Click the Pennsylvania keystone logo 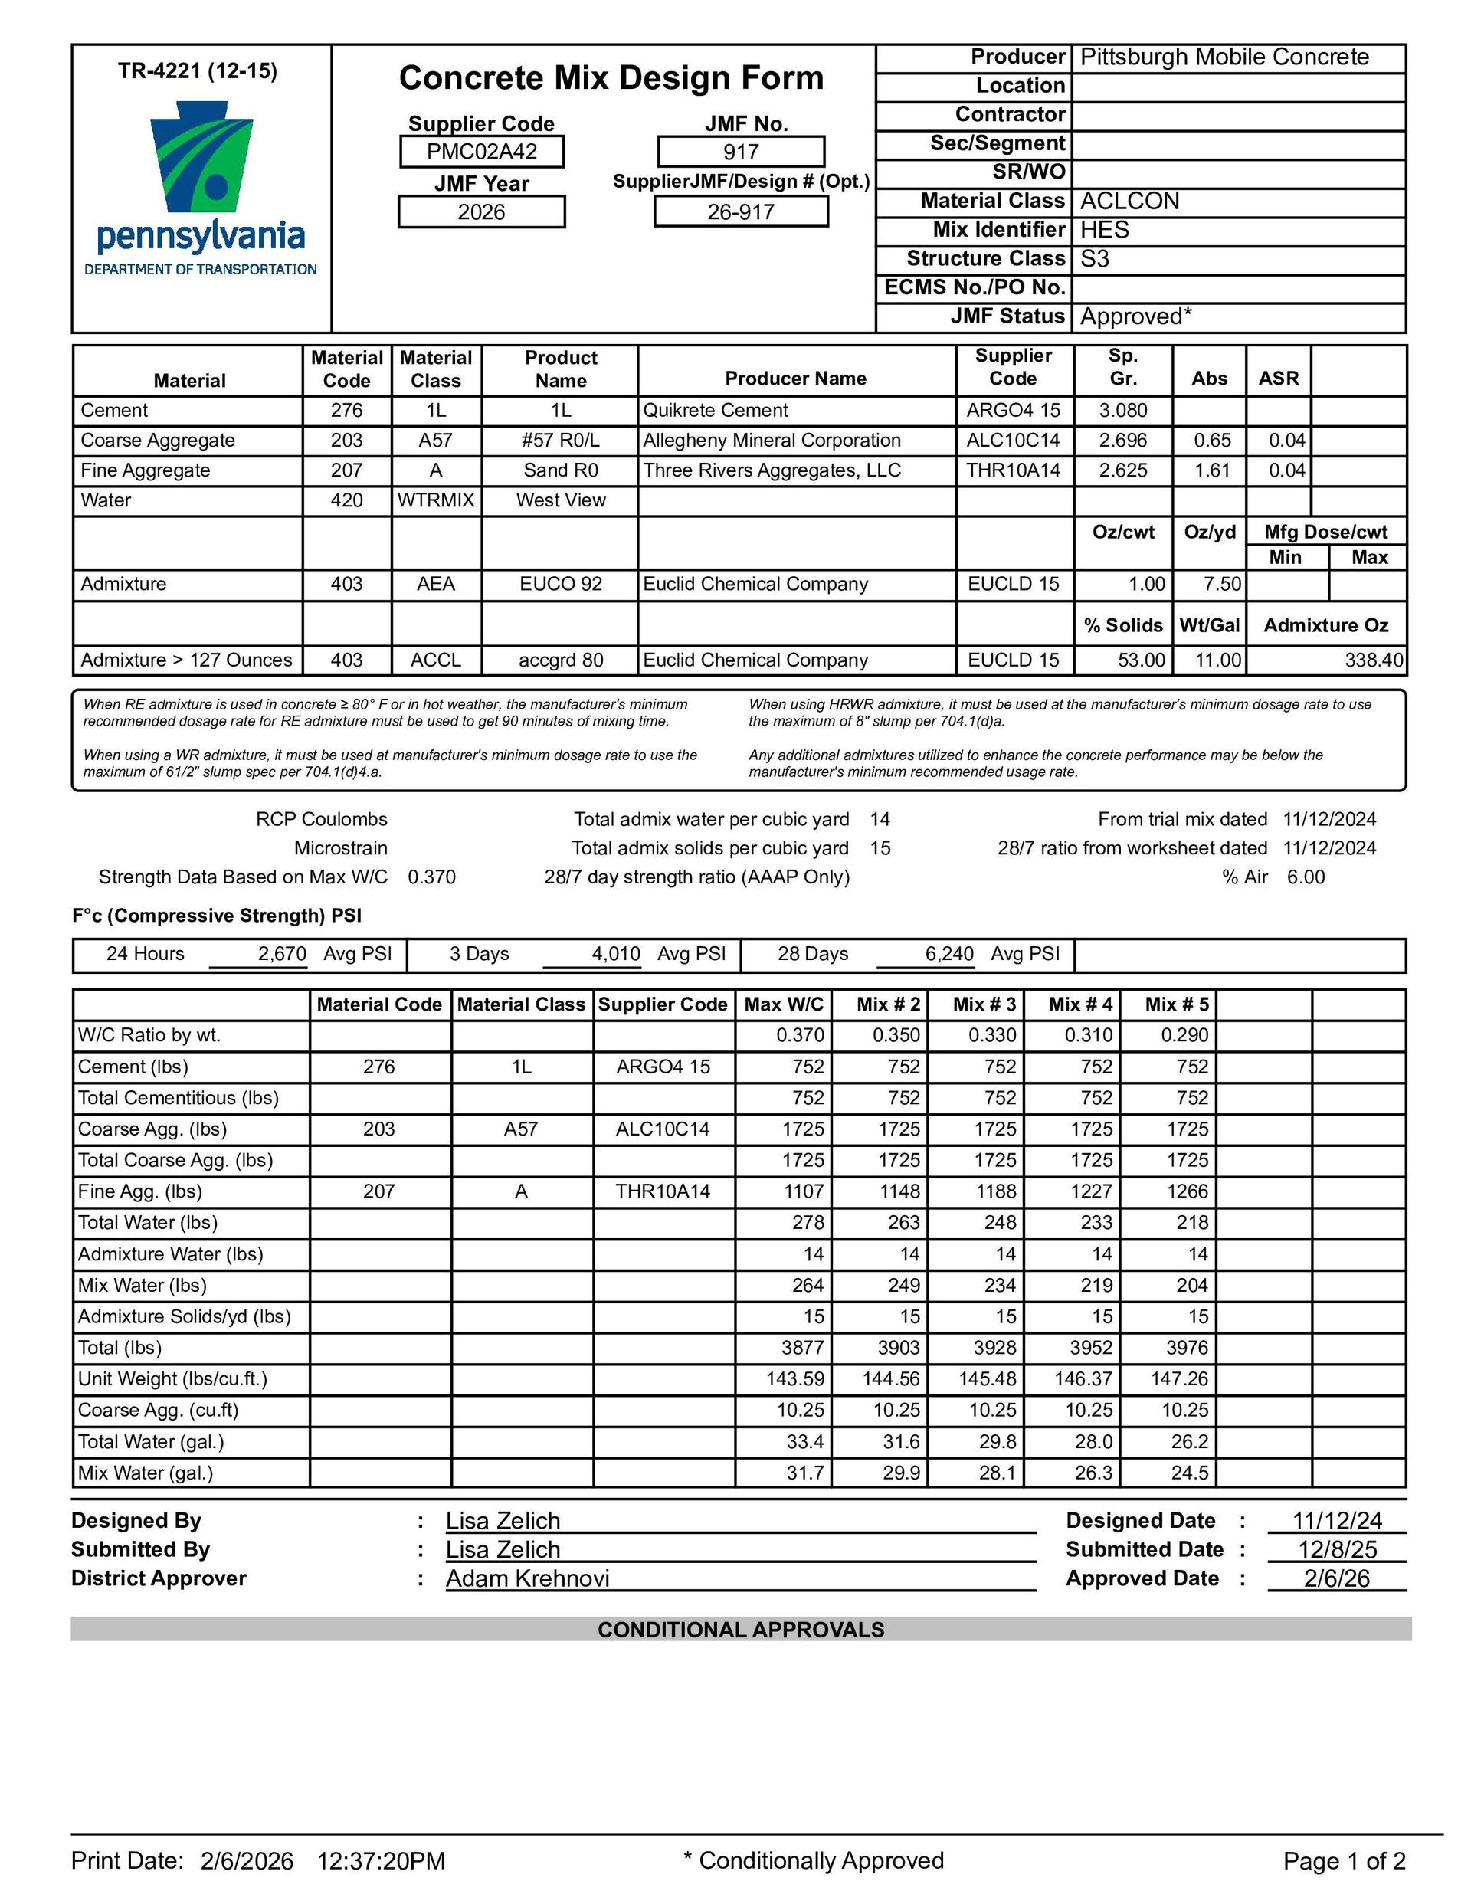point(201,158)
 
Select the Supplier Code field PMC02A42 point(481,152)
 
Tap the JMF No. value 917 point(740,152)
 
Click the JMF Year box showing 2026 point(481,211)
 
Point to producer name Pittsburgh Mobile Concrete point(1224,57)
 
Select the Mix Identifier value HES point(1105,230)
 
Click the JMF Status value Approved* point(1135,316)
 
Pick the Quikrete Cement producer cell point(715,411)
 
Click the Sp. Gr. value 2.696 point(1123,441)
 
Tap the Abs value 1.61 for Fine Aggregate point(1211,470)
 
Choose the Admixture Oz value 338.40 point(1374,660)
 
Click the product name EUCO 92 point(561,584)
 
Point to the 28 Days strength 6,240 point(948,954)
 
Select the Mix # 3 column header point(984,1004)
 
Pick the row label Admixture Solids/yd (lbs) point(184,1316)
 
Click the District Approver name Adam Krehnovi point(528,1579)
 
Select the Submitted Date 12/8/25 point(1336,1550)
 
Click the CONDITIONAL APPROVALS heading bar point(740,1630)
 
